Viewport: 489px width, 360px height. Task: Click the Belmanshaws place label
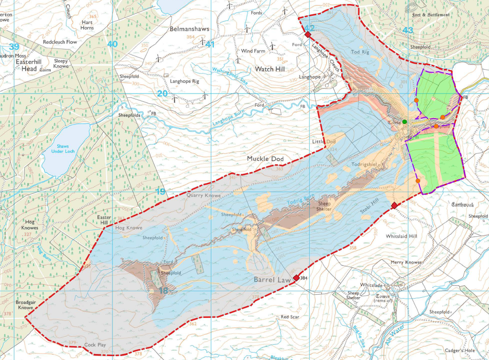pyautogui.click(x=189, y=29)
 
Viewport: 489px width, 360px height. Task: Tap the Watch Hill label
pyautogui.click(x=270, y=69)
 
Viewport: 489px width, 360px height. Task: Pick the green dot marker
pyautogui.click(x=404, y=122)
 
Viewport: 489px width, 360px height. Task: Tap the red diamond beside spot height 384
pyautogui.click(x=296, y=278)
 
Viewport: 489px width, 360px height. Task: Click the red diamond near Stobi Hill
pyautogui.click(x=394, y=205)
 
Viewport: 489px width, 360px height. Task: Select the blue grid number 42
pyautogui.click(x=309, y=29)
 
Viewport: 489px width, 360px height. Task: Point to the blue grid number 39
pyautogui.click(x=14, y=46)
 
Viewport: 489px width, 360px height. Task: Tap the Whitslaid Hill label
pyautogui.click(x=401, y=236)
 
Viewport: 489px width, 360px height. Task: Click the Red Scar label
pyautogui.click(x=290, y=317)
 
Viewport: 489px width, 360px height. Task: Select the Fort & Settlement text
pyautogui.click(x=431, y=15)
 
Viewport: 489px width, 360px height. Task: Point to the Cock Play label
pyautogui.click(x=96, y=345)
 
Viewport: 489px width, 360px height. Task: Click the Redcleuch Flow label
pyautogui.click(x=60, y=42)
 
